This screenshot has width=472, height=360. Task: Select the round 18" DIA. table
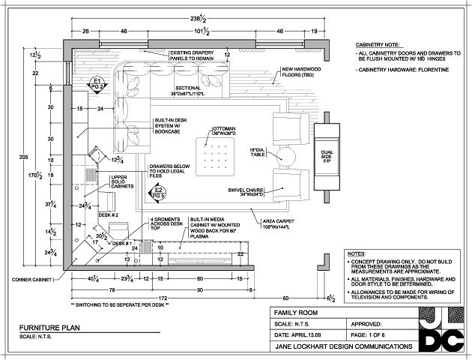(x=285, y=156)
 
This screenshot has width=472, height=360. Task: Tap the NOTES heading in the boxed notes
(x=357, y=254)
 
